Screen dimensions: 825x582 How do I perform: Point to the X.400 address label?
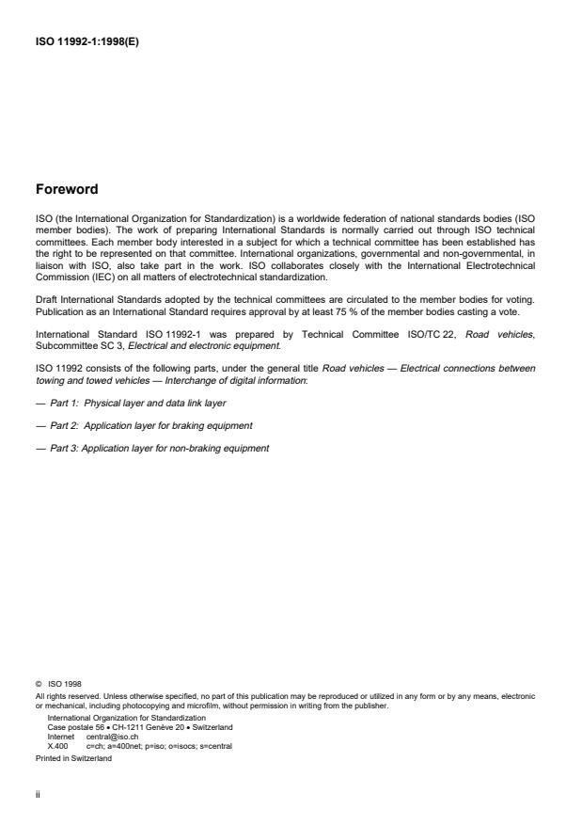(x=57, y=746)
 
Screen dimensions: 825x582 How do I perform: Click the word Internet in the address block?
(x=61, y=737)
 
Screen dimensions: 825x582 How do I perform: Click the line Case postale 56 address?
(x=140, y=727)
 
